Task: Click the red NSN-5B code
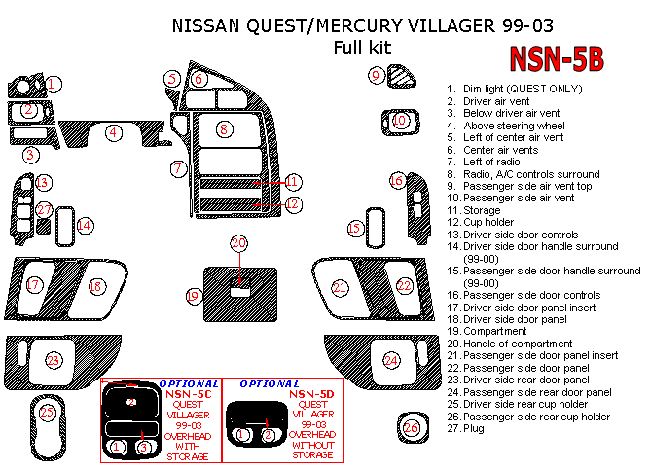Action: point(557,58)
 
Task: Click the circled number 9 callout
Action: point(376,76)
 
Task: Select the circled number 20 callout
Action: point(238,243)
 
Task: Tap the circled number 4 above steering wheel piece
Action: point(113,132)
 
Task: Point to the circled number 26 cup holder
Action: point(412,428)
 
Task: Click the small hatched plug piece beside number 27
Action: point(44,227)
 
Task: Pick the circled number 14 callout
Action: point(85,226)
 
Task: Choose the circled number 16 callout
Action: point(397,180)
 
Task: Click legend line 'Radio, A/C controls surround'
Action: point(524,174)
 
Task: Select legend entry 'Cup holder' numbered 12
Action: point(480,222)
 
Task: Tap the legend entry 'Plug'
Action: point(465,428)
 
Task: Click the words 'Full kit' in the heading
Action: point(362,47)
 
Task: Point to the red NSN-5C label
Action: point(188,394)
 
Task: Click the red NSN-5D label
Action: point(311,394)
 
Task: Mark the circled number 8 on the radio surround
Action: point(224,129)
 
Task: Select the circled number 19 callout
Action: point(194,296)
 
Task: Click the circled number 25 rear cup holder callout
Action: point(47,413)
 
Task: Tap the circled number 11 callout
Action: point(293,182)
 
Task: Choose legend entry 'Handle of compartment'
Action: point(510,344)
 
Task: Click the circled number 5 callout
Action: point(172,79)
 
